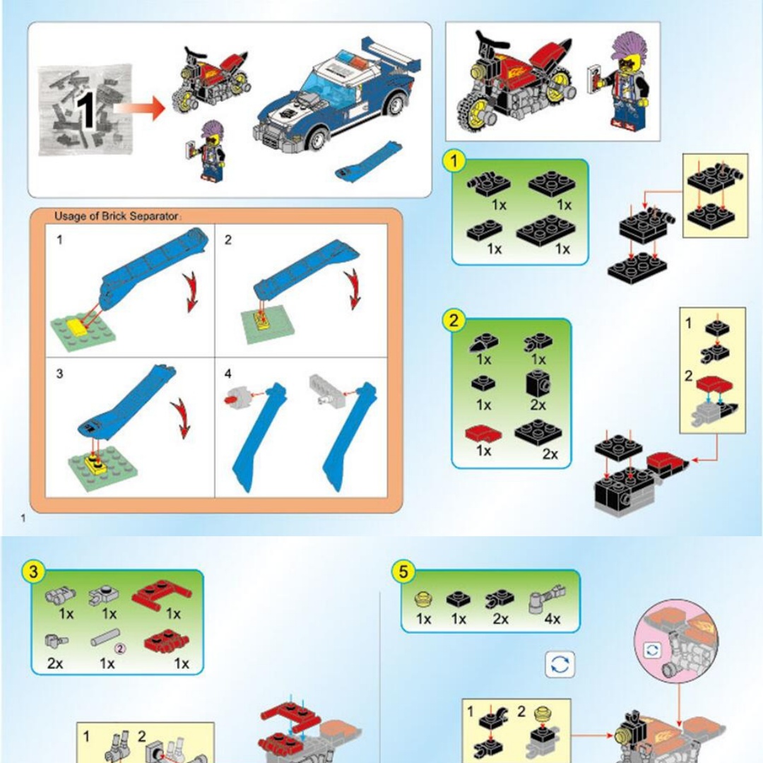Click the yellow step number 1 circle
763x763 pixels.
(x=454, y=161)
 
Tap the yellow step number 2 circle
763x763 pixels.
(x=454, y=321)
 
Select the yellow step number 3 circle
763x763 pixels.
(x=33, y=572)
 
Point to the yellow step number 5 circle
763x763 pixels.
(x=403, y=572)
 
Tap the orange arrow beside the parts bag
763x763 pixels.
(x=140, y=107)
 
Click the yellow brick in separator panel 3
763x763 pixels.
(x=93, y=463)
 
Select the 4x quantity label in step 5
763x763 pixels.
(x=552, y=619)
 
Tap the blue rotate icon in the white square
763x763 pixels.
(x=560, y=664)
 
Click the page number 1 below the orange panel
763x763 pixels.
(x=23, y=519)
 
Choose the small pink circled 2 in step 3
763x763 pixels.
(x=119, y=648)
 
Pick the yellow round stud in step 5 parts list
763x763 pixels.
(x=423, y=599)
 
